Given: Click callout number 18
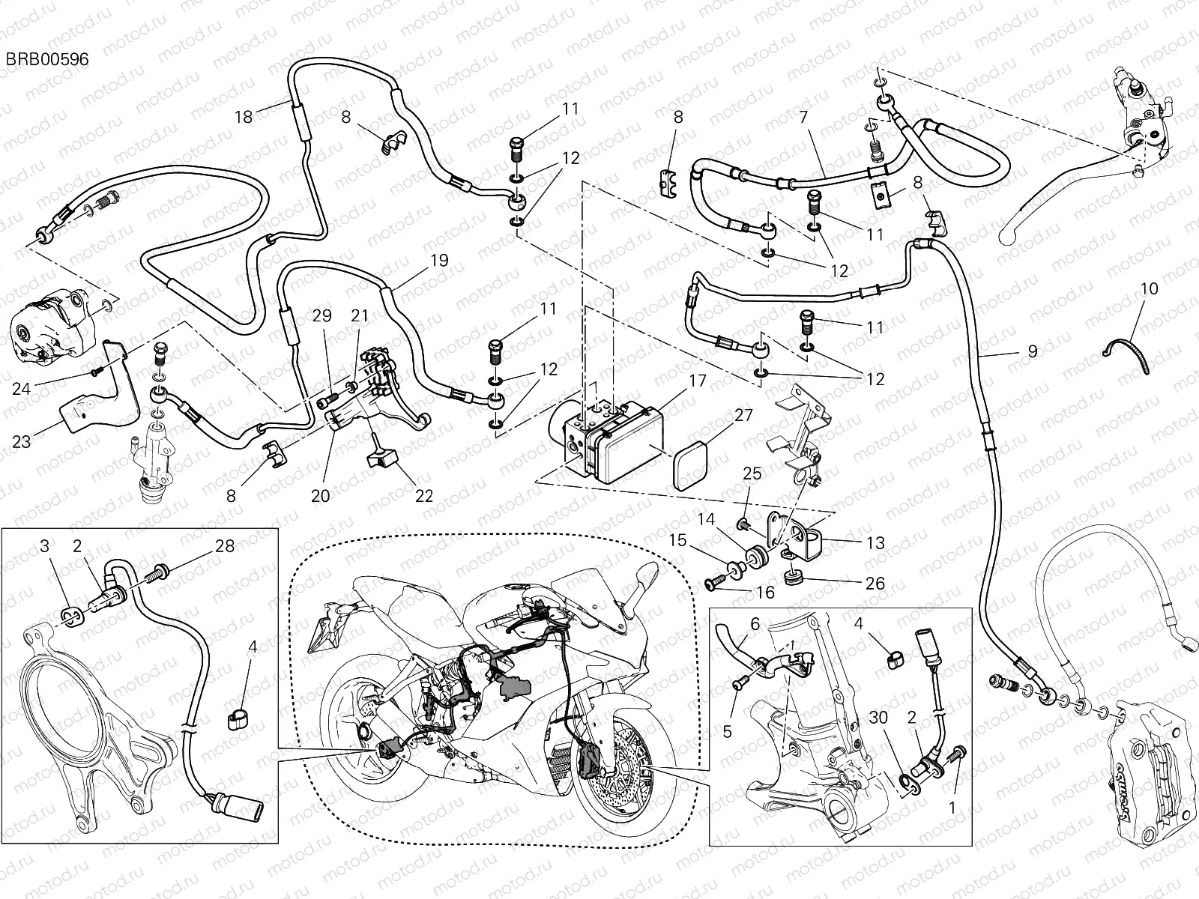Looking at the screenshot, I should (x=244, y=116).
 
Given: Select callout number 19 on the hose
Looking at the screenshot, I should (x=439, y=261).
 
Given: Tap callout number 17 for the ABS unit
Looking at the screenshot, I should (x=697, y=381).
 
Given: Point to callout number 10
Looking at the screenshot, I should (x=1150, y=288).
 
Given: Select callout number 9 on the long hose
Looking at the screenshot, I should (x=1033, y=351).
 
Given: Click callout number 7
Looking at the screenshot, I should (x=803, y=117).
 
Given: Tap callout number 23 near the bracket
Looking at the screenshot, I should (x=21, y=441).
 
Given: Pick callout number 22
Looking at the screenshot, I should (x=424, y=496).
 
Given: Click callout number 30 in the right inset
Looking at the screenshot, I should (x=878, y=718).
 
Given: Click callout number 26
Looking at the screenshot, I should (x=875, y=583).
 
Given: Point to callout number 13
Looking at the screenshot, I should (x=875, y=543).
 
